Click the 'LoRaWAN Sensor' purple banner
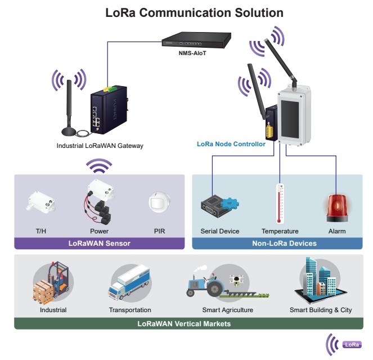(x=99, y=244)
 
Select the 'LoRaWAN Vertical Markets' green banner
(x=186, y=324)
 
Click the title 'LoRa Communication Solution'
(x=186, y=12)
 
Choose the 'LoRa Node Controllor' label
(x=231, y=144)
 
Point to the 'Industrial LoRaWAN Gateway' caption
(x=100, y=146)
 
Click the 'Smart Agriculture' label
(x=227, y=310)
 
